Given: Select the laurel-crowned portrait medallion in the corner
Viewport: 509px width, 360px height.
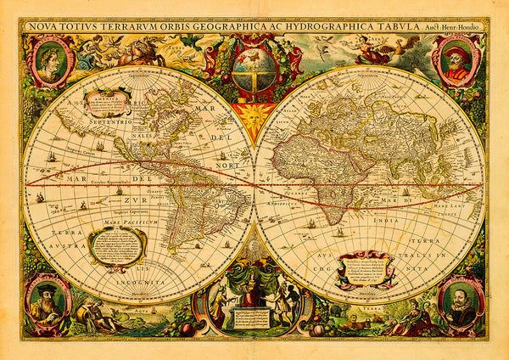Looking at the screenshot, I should tap(50, 62).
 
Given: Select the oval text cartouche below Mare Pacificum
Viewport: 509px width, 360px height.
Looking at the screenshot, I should tap(117, 245).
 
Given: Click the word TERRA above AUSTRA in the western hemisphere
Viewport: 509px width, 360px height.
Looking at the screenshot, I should tap(44, 231).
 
